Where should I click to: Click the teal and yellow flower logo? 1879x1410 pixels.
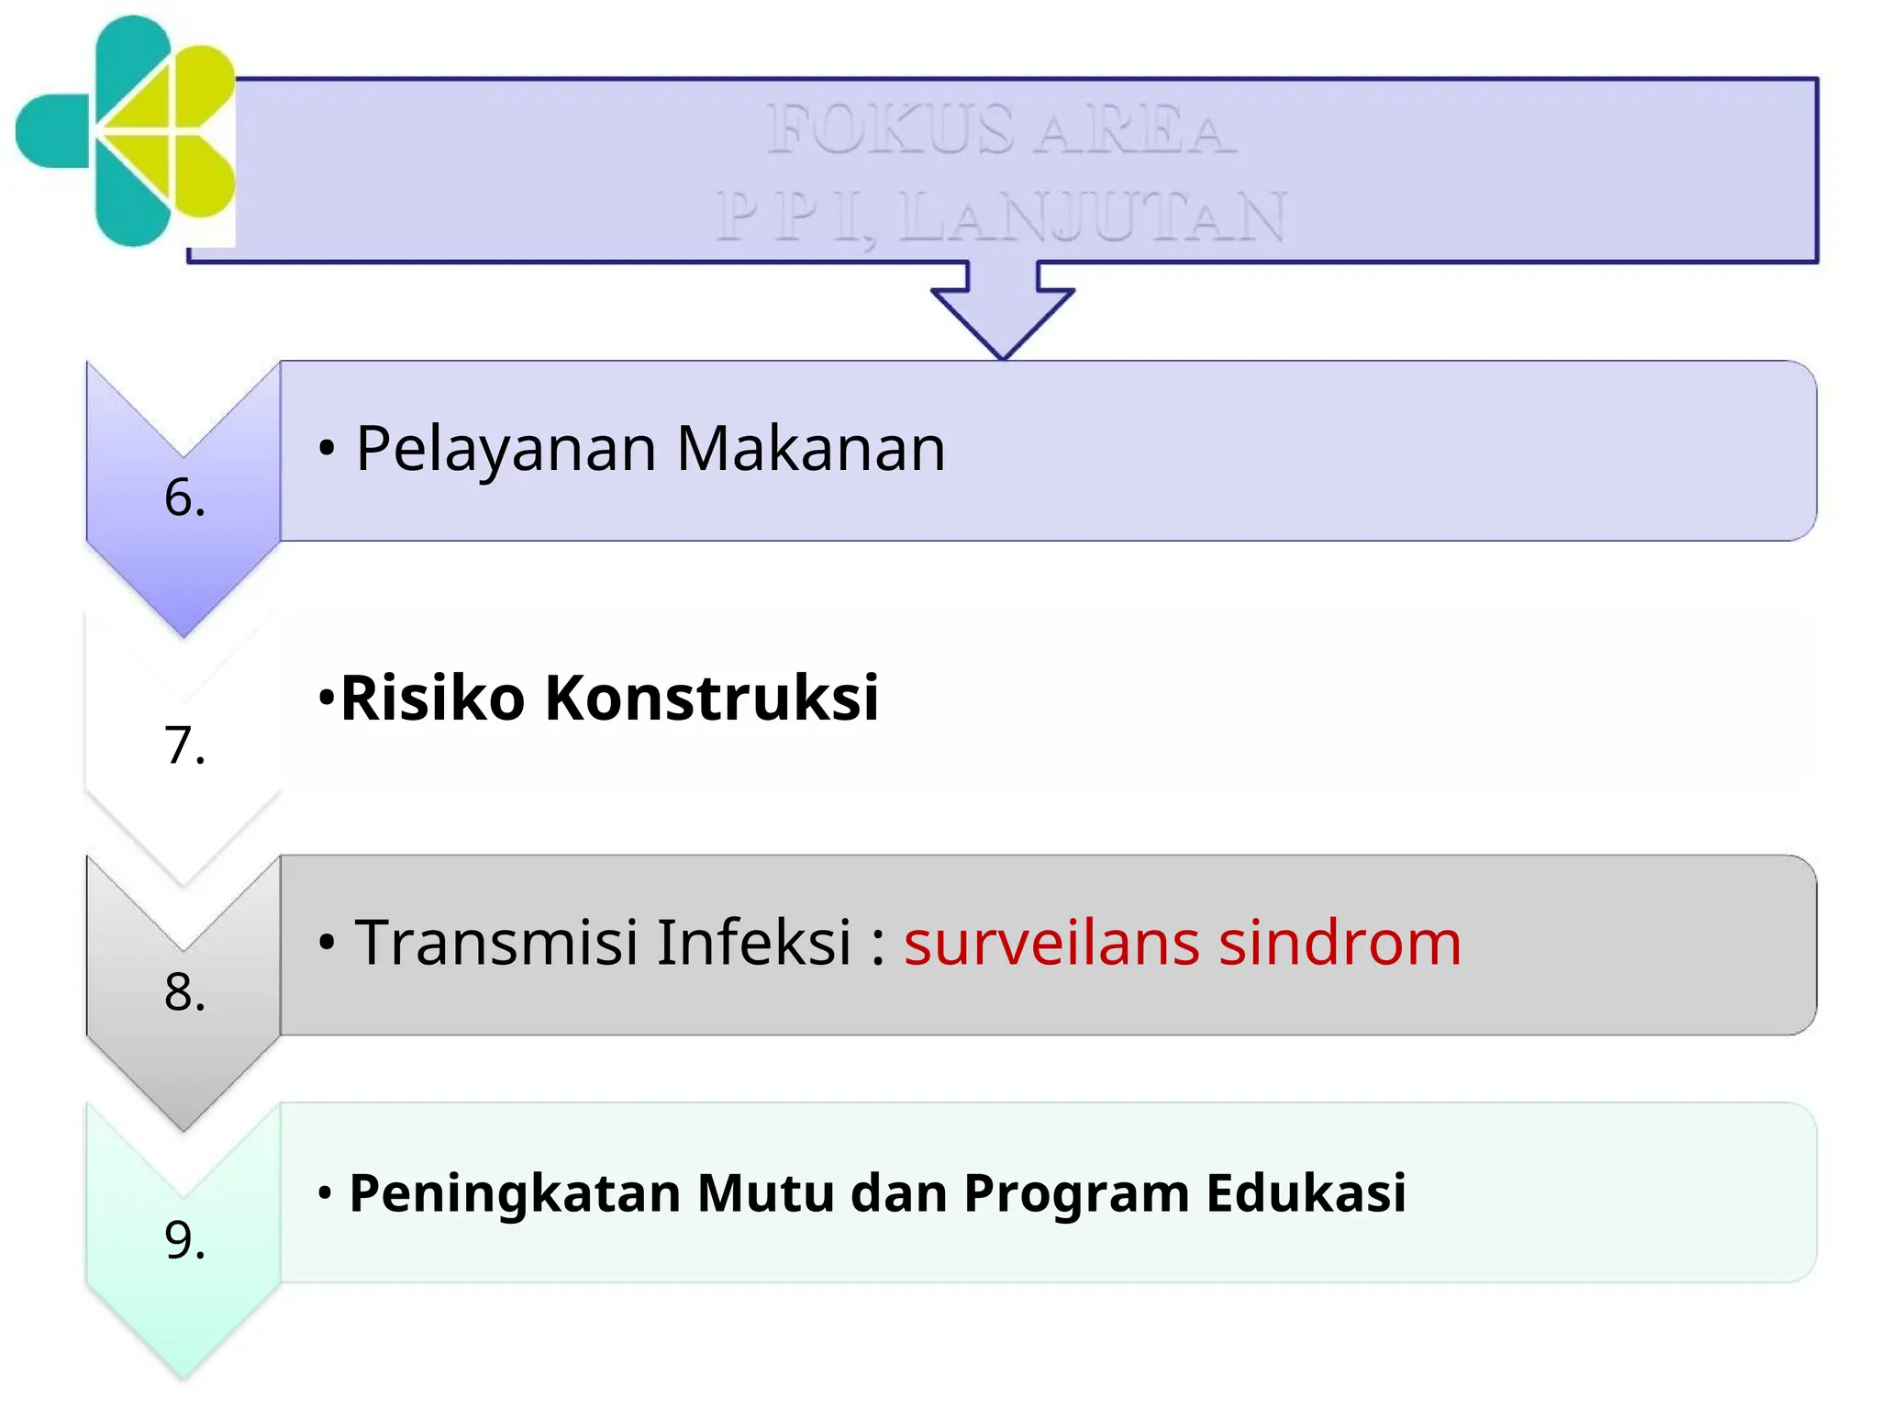pyautogui.click(x=128, y=131)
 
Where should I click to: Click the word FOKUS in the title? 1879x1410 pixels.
pyautogui.click(x=890, y=129)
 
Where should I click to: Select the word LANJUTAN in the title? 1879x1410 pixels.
pyautogui.click(x=1092, y=218)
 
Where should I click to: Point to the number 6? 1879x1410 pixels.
pyautogui.click(x=184, y=498)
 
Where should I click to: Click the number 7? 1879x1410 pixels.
pyautogui.click(x=184, y=744)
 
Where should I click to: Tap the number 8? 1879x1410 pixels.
pyautogui.click(x=184, y=992)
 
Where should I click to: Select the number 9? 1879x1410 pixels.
pyautogui.click(x=184, y=1239)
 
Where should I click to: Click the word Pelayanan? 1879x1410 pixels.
pyautogui.click(x=506, y=449)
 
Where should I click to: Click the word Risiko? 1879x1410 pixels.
pyautogui.click(x=432, y=698)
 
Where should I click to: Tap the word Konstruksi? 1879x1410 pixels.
pyautogui.click(x=711, y=698)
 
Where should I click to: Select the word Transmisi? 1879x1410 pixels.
pyautogui.click(x=496, y=943)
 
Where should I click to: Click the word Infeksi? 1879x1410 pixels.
pyautogui.click(x=754, y=943)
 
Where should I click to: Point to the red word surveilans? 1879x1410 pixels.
pyautogui.click(x=1051, y=943)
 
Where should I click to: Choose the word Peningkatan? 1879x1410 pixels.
pyautogui.click(x=515, y=1193)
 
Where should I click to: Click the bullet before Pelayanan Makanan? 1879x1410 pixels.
pyautogui.click(x=326, y=449)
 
